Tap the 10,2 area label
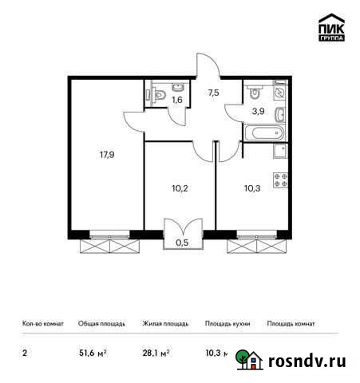180,189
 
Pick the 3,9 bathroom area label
258,112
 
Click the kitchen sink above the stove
280,152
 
